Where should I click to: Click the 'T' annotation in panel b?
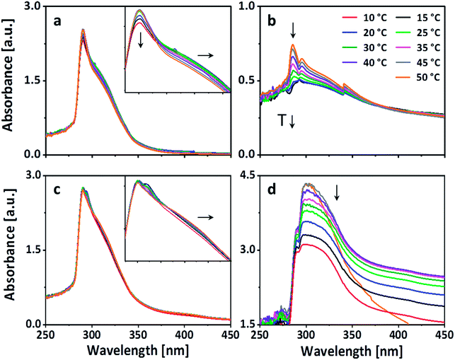point(282,121)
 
